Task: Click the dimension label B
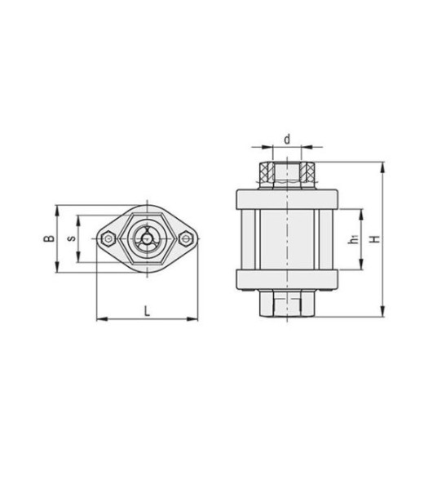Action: coord(47,238)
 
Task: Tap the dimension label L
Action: coord(147,309)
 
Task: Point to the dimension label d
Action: coord(287,139)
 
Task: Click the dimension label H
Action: coord(374,239)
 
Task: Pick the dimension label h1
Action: coord(352,239)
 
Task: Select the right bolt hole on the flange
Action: coord(187,238)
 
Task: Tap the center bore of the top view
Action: coord(148,238)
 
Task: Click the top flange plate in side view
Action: coord(287,198)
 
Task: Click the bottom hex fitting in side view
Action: coord(287,306)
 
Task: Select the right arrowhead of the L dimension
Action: coord(195,318)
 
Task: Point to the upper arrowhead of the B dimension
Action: coord(56,207)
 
